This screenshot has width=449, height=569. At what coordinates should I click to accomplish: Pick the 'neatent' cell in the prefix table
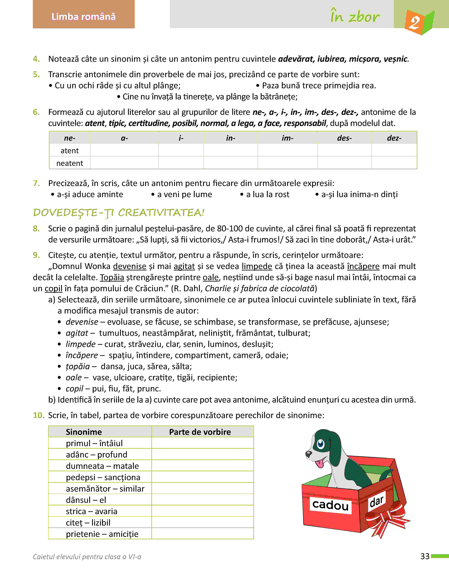click(x=70, y=163)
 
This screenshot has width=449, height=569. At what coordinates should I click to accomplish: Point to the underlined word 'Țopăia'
click(x=112, y=277)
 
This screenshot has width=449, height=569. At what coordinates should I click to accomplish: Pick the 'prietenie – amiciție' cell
click(x=102, y=534)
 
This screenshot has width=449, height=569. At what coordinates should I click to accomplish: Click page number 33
click(x=425, y=556)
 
